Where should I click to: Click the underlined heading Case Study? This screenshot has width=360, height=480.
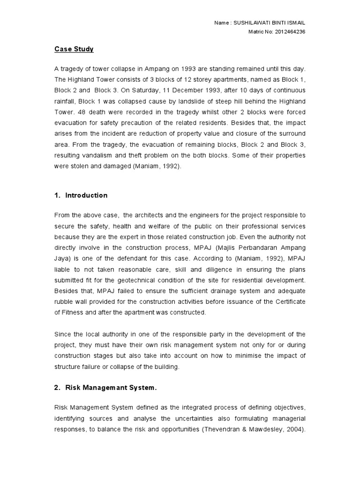click(74, 49)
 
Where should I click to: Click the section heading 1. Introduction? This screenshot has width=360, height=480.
click(81, 195)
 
